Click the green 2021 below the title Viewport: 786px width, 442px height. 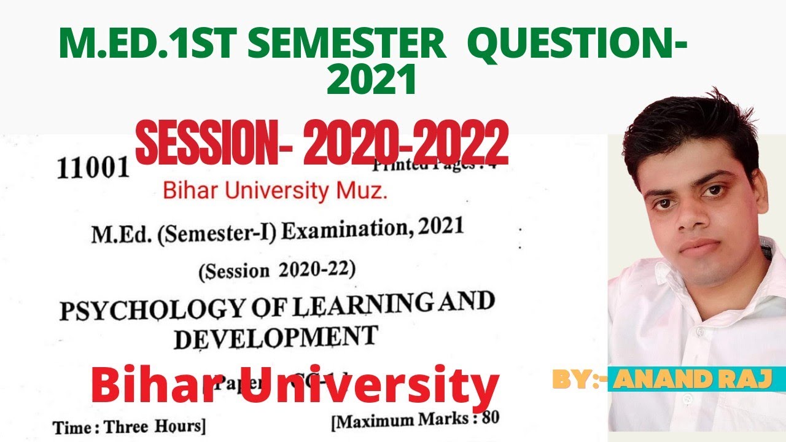tap(372, 81)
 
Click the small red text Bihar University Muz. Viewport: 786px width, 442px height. tap(275, 192)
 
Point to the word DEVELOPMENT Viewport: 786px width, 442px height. tap(276, 338)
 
